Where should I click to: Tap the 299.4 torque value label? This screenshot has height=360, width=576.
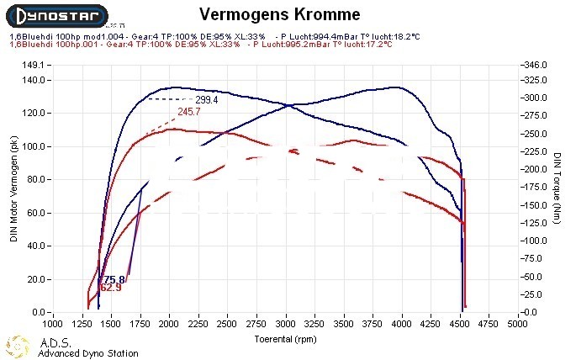pos(207,99)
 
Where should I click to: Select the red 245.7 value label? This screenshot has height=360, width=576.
pos(189,112)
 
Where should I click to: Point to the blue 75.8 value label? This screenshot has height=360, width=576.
pos(114,279)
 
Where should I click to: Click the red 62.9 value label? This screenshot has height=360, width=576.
pos(111,288)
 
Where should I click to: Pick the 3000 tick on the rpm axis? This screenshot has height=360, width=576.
pos(286,323)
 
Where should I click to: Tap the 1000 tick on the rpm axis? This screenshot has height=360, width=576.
pos(52,323)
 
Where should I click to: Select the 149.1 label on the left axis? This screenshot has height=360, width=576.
pos(32,64)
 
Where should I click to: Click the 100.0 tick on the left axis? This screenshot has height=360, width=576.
pos(32,146)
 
